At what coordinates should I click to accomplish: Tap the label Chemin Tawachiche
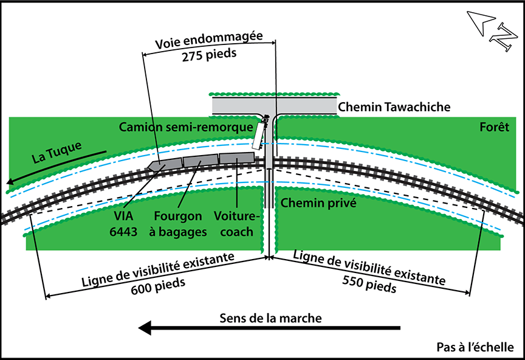click(394, 107)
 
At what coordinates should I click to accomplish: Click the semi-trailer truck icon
click(260, 134)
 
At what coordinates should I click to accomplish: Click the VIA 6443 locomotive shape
click(164, 164)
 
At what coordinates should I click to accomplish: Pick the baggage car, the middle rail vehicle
click(200, 161)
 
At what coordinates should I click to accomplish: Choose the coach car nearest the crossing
click(236, 158)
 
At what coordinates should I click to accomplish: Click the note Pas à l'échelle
click(475, 347)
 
